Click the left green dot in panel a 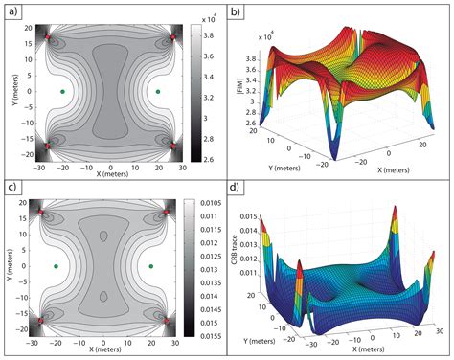pyautogui.click(x=62, y=91)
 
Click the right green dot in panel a pyautogui.click(x=156, y=91)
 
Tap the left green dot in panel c pyautogui.click(x=57, y=266)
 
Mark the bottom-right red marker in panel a pyautogui.click(x=172, y=145)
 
